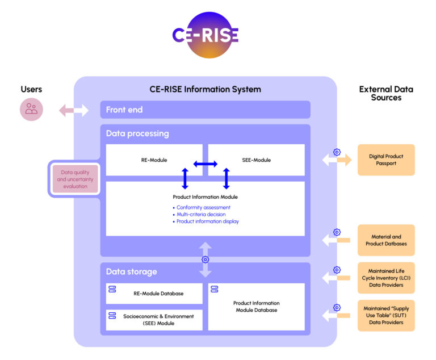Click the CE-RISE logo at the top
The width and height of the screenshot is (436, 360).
[x=206, y=35]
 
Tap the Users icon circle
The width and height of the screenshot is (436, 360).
[x=31, y=109]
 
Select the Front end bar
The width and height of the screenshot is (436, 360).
[x=205, y=110]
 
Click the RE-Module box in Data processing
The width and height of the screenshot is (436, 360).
[x=154, y=160]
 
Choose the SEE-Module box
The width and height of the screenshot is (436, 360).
[x=257, y=160]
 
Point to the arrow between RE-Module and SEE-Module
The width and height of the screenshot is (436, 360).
[x=205, y=164]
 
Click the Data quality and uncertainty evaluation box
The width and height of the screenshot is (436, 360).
[x=75, y=178]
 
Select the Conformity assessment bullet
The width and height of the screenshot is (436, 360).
[x=203, y=207]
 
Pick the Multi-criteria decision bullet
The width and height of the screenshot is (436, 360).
[x=201, y=214]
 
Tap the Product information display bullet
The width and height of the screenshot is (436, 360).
[x=207, y=221]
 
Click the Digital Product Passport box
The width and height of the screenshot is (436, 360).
[x=386, y=160]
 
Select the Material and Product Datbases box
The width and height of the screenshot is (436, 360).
[x=386, y=240]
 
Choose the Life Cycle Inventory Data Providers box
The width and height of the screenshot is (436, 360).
[x=386, y=278]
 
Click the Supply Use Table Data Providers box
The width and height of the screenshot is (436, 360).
[x=386, y=315]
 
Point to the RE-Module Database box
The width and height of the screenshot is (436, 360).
[x=154, y=294]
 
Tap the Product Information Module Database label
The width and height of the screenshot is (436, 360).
[x=257, y=307]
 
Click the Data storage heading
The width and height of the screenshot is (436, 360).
[x=131, y=271]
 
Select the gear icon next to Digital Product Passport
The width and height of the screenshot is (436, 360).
[x=337, y=152]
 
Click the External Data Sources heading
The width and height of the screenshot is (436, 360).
[x=386, y=93]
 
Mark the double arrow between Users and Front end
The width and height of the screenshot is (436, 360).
[x=74, y=110]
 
